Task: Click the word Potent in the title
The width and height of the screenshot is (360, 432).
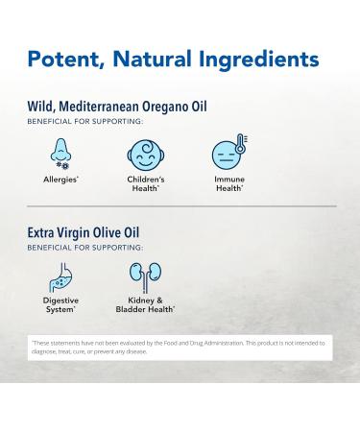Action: pos(65,60)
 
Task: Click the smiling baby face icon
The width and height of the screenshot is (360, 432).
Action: pos(144,155)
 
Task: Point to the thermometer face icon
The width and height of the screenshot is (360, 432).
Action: pos(227,154)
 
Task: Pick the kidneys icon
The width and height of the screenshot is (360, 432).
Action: pos(145,277)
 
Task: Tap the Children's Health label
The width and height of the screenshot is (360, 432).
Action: pos(145,182)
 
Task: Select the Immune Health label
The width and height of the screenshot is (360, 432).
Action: pos(228,182)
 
